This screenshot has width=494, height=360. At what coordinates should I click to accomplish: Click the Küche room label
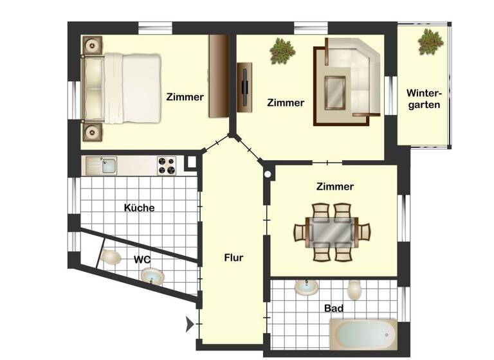[x=139, y=208]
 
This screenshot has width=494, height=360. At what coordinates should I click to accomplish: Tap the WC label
[x=142, y=260]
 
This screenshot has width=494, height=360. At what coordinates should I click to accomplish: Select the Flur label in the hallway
[x=233, y=258]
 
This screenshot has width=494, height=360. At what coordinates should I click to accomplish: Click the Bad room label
[x=333, y=309]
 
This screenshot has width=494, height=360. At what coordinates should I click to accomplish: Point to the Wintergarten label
[x=423, y=98]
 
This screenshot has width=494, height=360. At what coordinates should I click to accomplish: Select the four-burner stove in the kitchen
[x=166, y=166]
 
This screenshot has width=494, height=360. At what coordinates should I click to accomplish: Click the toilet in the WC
[x=111, y=258]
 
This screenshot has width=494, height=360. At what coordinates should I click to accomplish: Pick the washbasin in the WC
[x=153, y=276]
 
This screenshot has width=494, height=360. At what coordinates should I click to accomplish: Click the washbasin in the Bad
[x=306, y=287]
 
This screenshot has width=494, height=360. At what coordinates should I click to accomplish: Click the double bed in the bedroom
[x=122, y=88]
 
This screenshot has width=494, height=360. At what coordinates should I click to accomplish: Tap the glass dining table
[x=332, y=231]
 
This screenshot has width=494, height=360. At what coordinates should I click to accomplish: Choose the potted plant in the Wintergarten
[x=430, y=42]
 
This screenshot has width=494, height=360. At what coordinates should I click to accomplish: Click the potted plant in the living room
[x=281, y=50]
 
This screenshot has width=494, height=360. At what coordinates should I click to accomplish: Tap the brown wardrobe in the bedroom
[x=218, y=76]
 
